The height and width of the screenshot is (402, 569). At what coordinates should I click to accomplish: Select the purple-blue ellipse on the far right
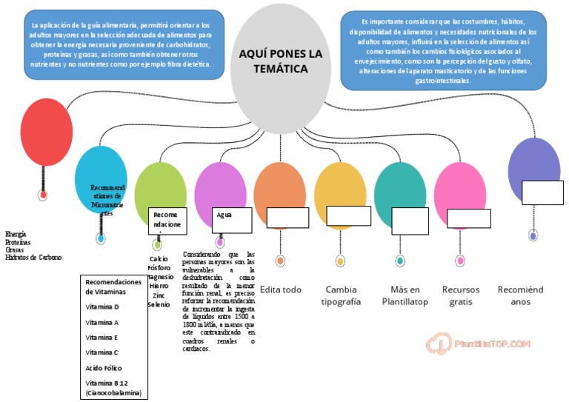coord(533,167)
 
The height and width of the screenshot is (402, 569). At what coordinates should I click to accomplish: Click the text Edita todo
coord(281,289)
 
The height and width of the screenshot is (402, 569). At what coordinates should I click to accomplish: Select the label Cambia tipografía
coord(341,295)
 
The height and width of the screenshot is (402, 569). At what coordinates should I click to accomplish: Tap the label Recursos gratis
coord(461,295)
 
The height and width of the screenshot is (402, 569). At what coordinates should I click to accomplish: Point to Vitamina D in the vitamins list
coord(102,306)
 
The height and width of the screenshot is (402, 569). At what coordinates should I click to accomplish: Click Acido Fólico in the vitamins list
coord(104,368)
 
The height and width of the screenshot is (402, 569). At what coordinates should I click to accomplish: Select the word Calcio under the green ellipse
coord(159,259)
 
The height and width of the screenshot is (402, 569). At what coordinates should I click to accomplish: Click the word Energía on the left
coord(16,233)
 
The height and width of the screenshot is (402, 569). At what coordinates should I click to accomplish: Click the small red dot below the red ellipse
coord(44,195)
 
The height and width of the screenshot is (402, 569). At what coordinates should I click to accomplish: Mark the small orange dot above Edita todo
coord(280,261)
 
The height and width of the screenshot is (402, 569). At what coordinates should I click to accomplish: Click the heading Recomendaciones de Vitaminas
coord(113,287)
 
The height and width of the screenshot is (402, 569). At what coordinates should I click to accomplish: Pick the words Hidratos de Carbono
coord(33,258)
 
